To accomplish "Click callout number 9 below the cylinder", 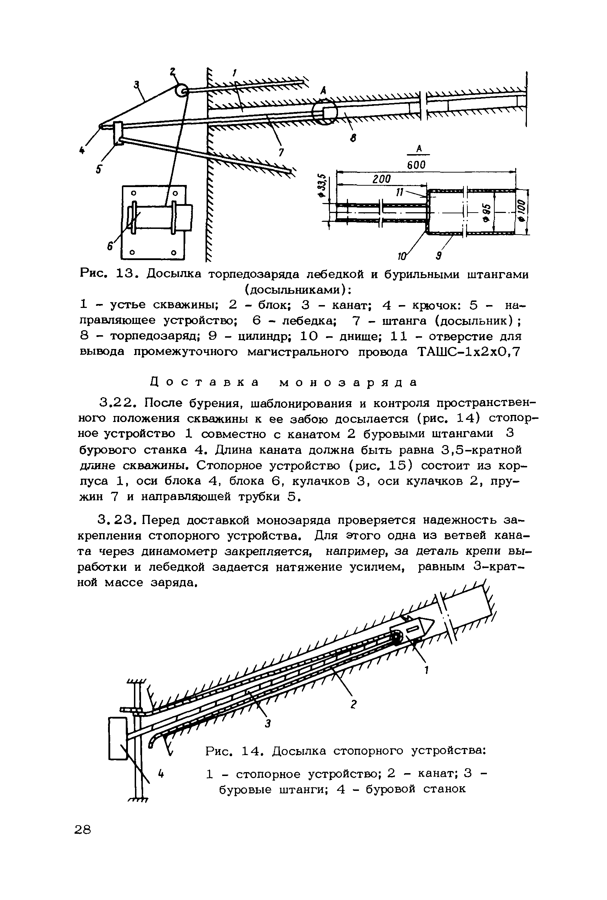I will [x=439, y=255].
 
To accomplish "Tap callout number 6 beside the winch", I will [x=110, y=245].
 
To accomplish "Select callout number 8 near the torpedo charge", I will [x=353, y=137].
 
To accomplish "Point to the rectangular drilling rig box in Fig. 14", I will [x=118, y=738].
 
